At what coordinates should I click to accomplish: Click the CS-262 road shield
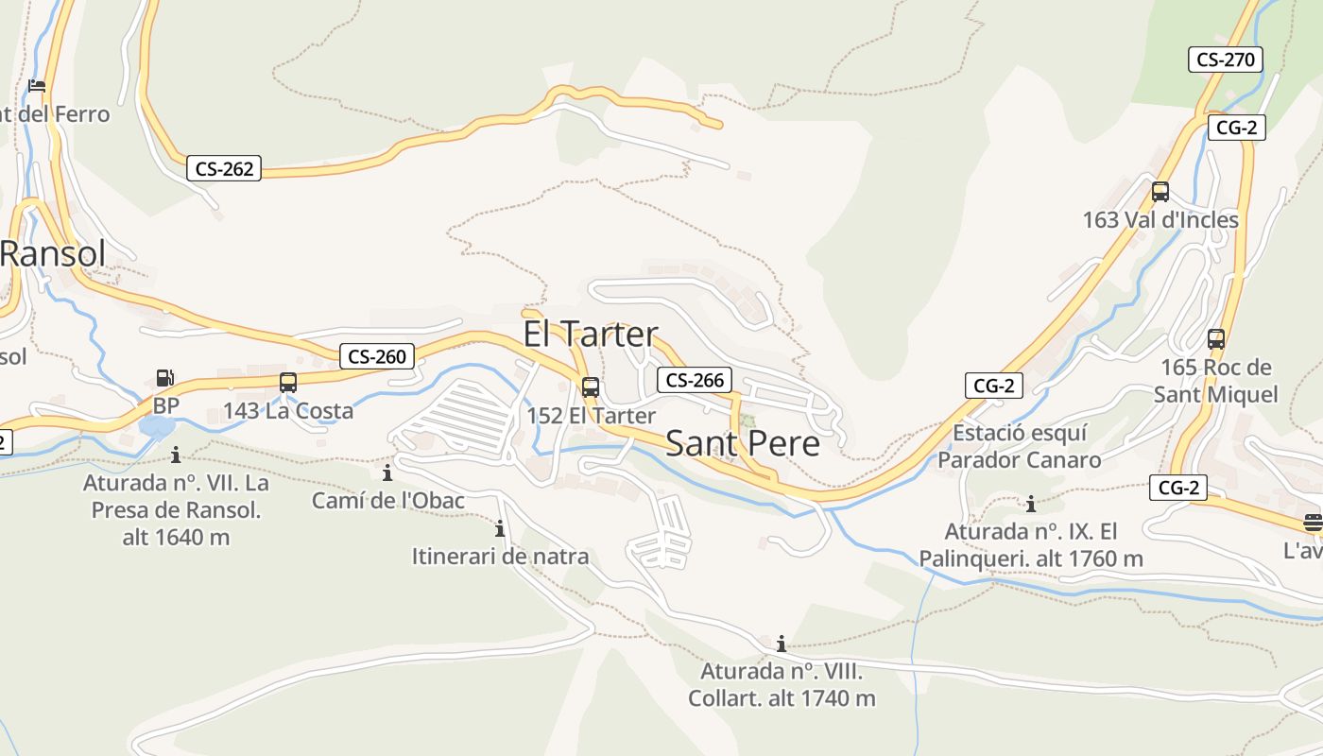223,169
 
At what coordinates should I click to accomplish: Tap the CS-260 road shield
377,356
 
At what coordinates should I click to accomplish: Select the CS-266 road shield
695,380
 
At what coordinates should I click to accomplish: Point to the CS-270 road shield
1226,60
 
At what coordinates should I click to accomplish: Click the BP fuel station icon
164,378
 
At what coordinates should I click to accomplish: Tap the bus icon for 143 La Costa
288,383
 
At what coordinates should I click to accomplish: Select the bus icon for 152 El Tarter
591,387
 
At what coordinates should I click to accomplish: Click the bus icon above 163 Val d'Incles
1160,192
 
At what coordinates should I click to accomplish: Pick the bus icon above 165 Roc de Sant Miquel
1216,338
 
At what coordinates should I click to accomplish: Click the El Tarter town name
591,334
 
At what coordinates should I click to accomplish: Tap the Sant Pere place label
743,442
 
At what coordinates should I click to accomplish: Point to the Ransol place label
53,253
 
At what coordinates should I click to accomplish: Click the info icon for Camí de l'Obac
387,472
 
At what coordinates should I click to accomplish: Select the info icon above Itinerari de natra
500,528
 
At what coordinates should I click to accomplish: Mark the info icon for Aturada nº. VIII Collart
782,644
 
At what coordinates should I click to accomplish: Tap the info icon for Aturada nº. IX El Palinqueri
1031,504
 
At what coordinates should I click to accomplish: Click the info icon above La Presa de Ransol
176,455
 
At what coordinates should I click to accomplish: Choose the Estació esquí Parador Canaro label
1020,446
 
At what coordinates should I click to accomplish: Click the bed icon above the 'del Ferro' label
37,85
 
